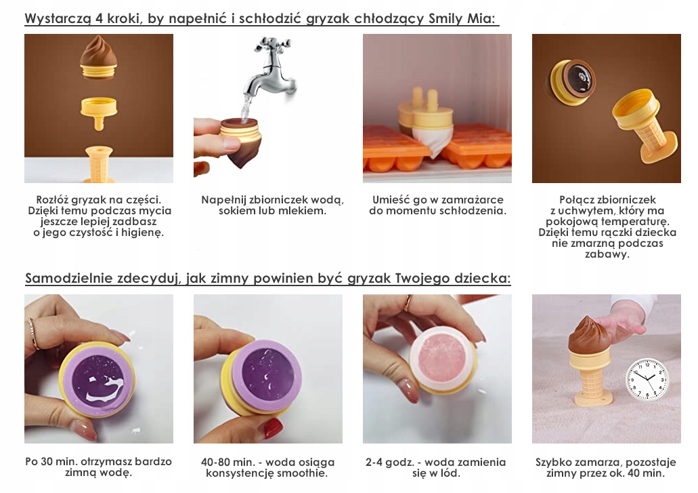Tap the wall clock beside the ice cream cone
[x=647, y=379]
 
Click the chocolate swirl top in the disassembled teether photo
[x=99, y=57]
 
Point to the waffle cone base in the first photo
[x=99, y=164]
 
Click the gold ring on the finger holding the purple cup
[x=33, y=334]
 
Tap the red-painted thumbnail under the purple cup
[x=272, y=429]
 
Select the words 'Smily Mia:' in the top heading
[x=462, y=19]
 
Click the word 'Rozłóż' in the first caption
[x=51, y=199]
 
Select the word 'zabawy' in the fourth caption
[x=607, y=254]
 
